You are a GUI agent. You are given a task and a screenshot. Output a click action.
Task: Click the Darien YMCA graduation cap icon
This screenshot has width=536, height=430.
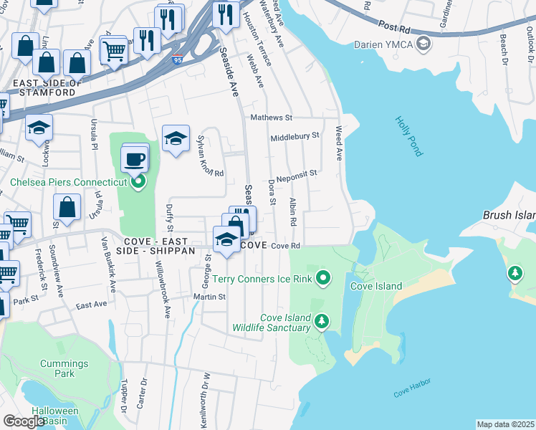click(423, 44)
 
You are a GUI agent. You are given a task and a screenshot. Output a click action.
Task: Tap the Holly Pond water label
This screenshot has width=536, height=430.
click(409, 136)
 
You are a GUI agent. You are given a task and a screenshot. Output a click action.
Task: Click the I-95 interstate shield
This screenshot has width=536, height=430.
click(177, 61)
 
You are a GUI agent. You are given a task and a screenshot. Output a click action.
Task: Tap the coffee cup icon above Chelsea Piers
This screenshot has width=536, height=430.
click(135, 159)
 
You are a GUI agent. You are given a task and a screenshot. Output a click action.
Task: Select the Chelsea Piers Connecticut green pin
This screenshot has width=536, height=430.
click(138, 182)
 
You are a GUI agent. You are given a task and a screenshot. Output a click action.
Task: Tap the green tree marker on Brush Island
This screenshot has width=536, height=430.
click(515, 273)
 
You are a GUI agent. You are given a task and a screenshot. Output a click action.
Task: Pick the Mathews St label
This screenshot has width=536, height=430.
click(272, 117)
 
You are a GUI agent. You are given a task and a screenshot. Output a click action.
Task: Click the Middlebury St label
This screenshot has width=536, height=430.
click(295, 136)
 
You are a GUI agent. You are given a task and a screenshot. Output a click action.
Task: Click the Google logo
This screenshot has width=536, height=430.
click(24, 421)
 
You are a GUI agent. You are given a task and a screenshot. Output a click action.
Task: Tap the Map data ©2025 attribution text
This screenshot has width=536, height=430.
click(505, 424)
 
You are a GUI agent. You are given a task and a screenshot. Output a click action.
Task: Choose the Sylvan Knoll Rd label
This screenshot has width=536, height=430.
click(210, 158)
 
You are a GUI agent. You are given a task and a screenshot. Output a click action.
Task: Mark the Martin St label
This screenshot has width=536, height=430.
click(209, 296)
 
